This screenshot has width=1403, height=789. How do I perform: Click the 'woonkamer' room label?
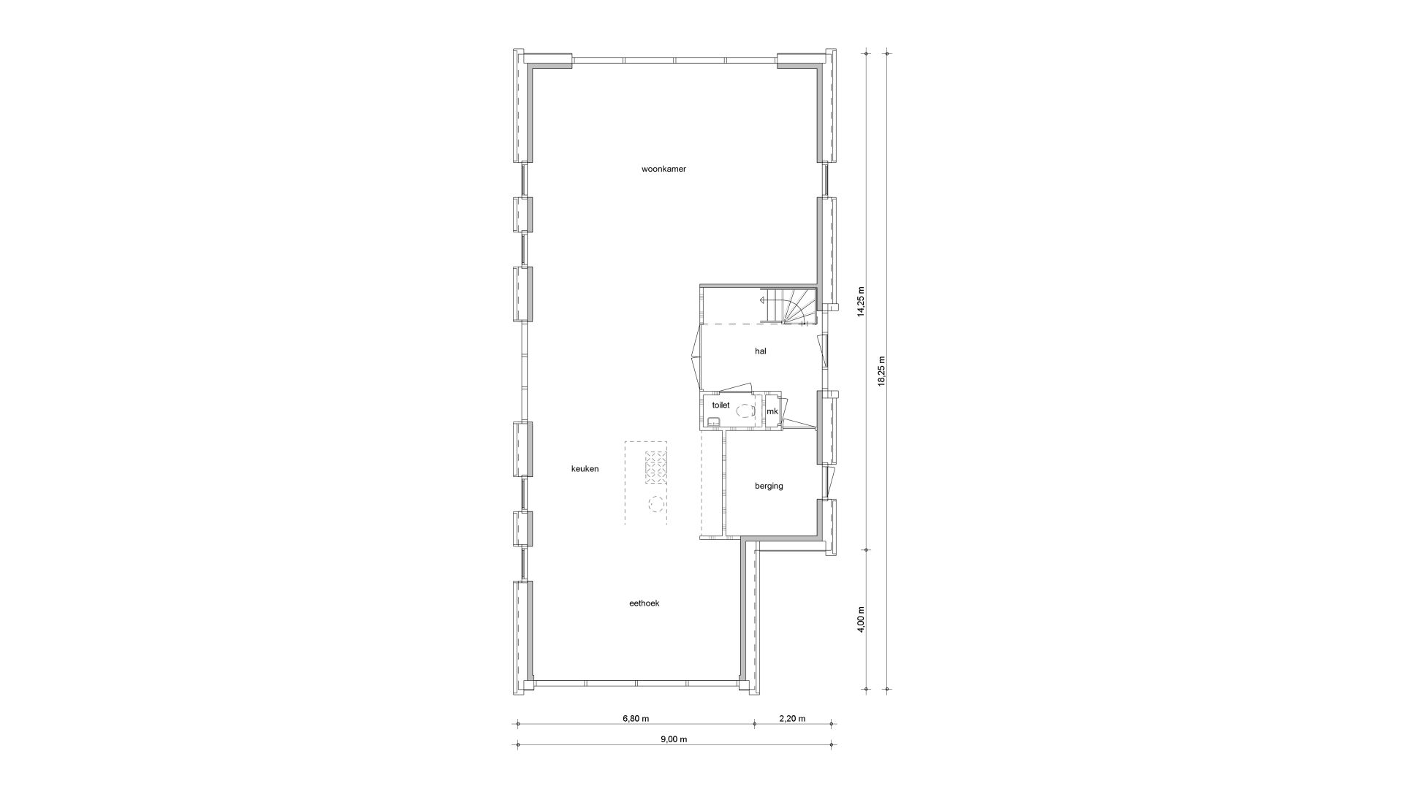pyautogui.click(x=664, y=169)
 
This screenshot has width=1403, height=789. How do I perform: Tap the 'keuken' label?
pyautogui.click(x=585, y=469)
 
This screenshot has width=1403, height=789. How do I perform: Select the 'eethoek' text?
pyautogui.click(x=644, y=603)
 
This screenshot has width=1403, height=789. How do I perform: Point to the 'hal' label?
pyautogui.click(x=761, y=351)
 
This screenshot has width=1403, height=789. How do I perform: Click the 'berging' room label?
pyautogui.click(x=769, y=486)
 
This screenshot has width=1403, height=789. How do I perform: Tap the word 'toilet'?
pyautogui.click(x=720, y=405)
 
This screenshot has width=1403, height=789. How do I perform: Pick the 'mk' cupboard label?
pyautogui.click(x=772, y=412)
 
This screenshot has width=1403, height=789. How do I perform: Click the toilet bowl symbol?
pyautogui.click(x=745, y=411)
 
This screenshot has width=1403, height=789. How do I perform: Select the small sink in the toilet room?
pyautogui.click(x=713, y=421)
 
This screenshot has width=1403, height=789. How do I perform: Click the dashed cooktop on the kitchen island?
pyautogui.click(x=655, y=468)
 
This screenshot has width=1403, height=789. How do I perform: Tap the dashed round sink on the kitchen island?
pyautogui.click(x=655, y=504)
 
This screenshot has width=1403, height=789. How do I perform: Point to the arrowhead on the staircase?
pyautogui.click(x=762, y=300)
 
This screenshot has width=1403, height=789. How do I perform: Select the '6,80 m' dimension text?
pyautogui.click(x=635, y=718)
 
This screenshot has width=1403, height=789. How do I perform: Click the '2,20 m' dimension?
pyautogui.click(x=792, y=718)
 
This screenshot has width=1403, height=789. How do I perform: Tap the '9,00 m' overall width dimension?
pyautogui.click(x=674, y=739)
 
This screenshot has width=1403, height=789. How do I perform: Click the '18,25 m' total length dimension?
pyautogui.click(x=881, y=372)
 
